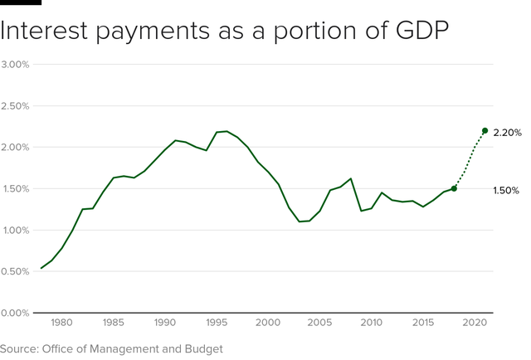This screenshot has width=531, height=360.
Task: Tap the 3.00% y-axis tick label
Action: (16, 65)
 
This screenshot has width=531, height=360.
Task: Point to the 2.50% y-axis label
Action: (16, 106)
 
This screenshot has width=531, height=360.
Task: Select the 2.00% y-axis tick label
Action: (16, 148)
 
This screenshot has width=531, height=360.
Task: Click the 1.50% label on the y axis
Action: (16, 189)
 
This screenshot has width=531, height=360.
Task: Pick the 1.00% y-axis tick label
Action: (16, 231)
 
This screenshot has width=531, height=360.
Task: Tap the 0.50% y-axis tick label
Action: (16, 271)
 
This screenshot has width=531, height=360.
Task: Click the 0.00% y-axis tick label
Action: (16, 313)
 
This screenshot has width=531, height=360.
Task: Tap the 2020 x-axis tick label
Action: (474, 322)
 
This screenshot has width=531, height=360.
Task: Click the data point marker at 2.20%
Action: (485, 131)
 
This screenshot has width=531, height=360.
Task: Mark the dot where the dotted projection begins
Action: (454, 188)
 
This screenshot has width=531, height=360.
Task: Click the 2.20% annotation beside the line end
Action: (507, 133)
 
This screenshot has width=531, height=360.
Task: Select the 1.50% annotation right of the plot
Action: (506, 191)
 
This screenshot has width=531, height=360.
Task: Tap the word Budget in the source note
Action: (202, 349)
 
